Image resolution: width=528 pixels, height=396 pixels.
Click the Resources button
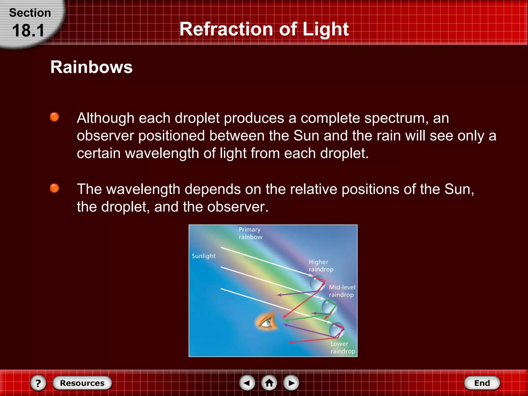[x=82, y=383]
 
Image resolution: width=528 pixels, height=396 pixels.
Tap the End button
[x=482, y=383]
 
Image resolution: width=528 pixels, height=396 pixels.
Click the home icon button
[x=269, y=383]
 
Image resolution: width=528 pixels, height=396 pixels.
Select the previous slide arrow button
[x=247, y=383]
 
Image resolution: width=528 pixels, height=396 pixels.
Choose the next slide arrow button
[x=291, y=383]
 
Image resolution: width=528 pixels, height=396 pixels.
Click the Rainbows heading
[x=91, y=67]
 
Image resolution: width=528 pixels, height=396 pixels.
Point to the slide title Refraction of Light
[x=264, y=29]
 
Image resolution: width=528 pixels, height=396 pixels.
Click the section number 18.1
[x=28, y=30]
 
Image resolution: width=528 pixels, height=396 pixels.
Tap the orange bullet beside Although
[x=54, y=117]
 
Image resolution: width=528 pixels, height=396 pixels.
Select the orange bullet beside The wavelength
[x=54, y=188]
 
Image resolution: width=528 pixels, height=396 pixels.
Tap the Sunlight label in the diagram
[x=203, y=256]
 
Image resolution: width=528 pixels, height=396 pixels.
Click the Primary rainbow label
[x=250, y=233]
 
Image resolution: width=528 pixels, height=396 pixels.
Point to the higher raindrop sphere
[x=317, y=283]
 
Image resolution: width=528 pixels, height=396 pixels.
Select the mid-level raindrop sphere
[x=328, y=307]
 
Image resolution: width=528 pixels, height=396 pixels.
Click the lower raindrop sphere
[x=336, y=329]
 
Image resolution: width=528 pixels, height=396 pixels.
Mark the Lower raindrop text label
[x=342, y=347]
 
